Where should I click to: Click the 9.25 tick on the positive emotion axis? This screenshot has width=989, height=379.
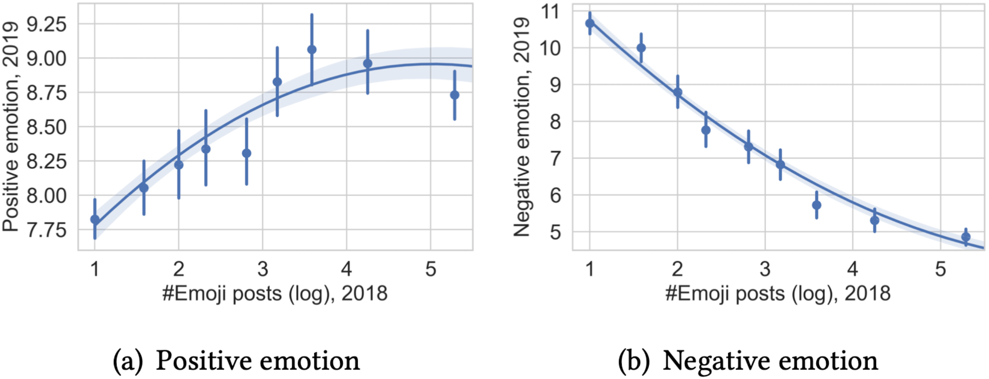coord(46,24)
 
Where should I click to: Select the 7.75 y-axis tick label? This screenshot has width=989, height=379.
coord(46,230)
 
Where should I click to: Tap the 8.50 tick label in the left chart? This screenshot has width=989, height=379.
coord(46,128)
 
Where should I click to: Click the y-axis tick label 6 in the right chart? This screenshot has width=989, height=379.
coord(555,196)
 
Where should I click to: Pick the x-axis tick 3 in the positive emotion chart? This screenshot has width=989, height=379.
coord(263,269)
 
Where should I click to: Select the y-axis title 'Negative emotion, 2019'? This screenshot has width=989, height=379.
coord(521,127)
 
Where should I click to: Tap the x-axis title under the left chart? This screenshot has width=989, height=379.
coord(275,294)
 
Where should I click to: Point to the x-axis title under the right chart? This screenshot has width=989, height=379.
coord(778,294)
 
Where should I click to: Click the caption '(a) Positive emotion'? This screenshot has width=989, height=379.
coord(236,360)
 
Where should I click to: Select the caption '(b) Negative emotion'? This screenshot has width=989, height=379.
coord(748,360)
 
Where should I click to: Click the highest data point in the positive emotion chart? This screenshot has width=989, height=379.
coord(312,50)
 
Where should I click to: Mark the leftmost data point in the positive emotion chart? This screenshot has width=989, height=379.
coord(95,220)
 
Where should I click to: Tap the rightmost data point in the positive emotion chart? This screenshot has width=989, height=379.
coord(455,95)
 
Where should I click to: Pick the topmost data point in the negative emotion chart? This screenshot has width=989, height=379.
coord(590,23)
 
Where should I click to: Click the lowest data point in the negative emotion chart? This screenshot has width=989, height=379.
coord(966,237)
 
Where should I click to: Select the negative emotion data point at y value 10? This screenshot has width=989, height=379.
coord(641,48)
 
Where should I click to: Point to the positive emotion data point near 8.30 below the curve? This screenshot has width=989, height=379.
coord(247,153)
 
